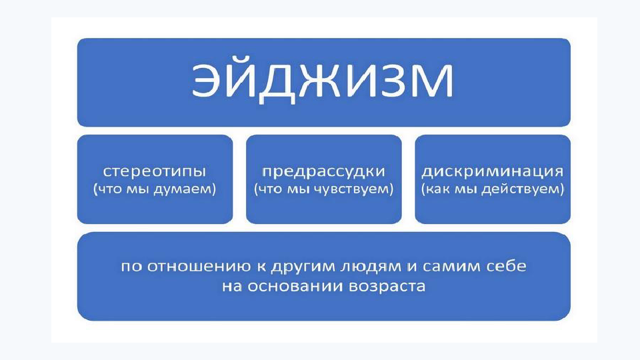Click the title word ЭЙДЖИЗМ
tap(323, 80)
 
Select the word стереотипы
tap(155, 171)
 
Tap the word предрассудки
tap(323, 171)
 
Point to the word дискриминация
tap(492, 171)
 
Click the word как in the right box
tap(437, 189)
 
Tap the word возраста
tap(387, 287)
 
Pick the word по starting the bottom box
tap(131, 267)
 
